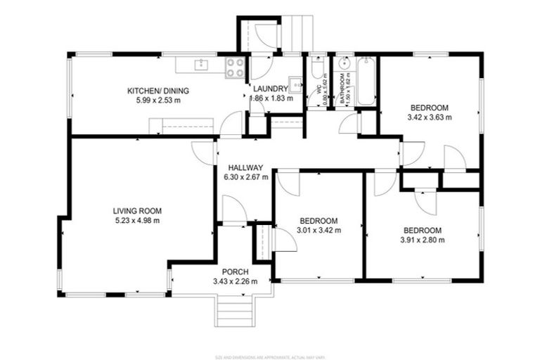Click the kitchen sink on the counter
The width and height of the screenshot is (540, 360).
point(201,65)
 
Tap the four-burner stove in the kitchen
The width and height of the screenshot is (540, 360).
point(236,67)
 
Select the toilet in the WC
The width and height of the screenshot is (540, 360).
point(317,69)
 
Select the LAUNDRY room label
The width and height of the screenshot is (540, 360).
point(271,89)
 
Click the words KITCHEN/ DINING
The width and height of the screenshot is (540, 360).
point(153,91)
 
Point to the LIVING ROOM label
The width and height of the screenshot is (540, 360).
point(137,210)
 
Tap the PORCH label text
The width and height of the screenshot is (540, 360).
point(235,272)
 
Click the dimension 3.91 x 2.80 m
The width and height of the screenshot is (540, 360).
point(423,240)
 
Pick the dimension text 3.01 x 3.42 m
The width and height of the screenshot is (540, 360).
point(319,230)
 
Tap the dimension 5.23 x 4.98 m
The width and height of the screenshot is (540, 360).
point(137,220)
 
